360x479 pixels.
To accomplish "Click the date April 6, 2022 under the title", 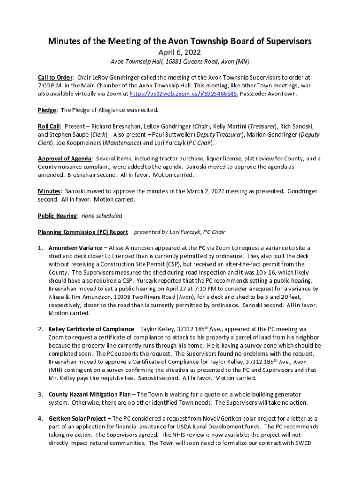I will click(x=180, y=52).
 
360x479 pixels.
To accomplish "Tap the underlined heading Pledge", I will click(x=47, y=110).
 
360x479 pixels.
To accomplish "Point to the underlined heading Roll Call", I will click(x=49, y=126).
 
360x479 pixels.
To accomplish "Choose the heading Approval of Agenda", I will click(x=65, y=159).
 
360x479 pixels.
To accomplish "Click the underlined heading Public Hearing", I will click(x=58, y=216).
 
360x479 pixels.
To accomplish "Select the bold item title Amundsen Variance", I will click(x=75, y=248).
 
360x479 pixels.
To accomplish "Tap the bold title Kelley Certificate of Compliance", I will click(x=91, y=329).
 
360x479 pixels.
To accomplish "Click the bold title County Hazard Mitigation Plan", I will click(x=90, y=394).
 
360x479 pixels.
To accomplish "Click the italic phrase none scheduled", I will click(x=102, y=216).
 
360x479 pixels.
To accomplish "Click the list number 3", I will click(x=41, y=394).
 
